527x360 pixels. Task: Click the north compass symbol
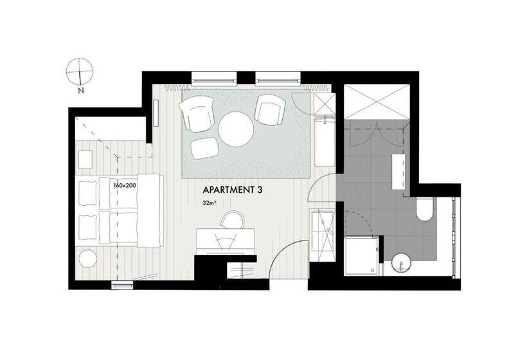pyautogui.click(x=79, y=71)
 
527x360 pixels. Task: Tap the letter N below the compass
pyautogui.click(x=81, y=90)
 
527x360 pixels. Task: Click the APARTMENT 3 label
pyautogui.click(x=232, y=190)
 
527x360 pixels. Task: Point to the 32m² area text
pyautogui.click(x=209, y=203)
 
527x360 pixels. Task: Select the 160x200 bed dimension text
pyautogui.click(x=125, y=185)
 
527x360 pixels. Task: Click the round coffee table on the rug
pyautogui.click(x=236, y=129)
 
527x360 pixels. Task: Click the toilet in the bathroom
pyautogui.click(x=425, y=209)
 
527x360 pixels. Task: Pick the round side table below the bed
pyautogui.click(x=87, y=259)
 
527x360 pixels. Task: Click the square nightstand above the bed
pyautogui.click(x=85, y=159)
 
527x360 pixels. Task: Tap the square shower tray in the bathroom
pyautogui.click(x=362, y=255)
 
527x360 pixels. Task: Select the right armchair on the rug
pyautogui.click(x=270, y=109)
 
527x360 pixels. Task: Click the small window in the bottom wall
pyautogui.click(x=122, y=285)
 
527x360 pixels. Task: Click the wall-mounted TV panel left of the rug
pyautogui.click(x=156, y=113)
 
